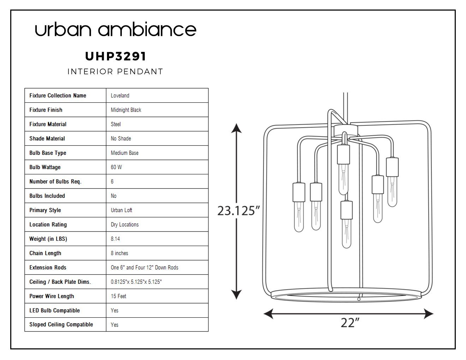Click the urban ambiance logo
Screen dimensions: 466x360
[x=115, y=29]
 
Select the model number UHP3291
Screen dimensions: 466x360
[x=115, y=56]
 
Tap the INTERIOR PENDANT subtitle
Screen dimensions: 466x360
[x=115, y=72]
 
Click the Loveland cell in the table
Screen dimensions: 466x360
[x=120, y=96]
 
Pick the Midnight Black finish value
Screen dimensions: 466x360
[x=126, y=110]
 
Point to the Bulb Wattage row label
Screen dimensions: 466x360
[x=45, y=167]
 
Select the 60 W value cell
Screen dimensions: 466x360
[x=116, y=167]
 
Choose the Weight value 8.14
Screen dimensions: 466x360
[x=115, y=239]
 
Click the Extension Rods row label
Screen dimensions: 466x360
[x=48, y=268]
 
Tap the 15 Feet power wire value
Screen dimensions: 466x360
[x=118, y=296]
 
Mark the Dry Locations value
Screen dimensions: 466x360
[x=125, y=224]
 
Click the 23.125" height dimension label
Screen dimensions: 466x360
[x=238, y=211]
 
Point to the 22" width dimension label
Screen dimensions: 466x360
[x=350, y=323]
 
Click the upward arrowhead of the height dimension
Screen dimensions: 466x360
[x=236, y=128]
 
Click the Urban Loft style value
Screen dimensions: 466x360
[x=121, y=210]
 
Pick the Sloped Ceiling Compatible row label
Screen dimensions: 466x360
[x=61, y=325]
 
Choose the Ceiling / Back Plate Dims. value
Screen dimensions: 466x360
[x=136, y=282]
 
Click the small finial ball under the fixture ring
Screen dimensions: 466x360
[x=359, y=299]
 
